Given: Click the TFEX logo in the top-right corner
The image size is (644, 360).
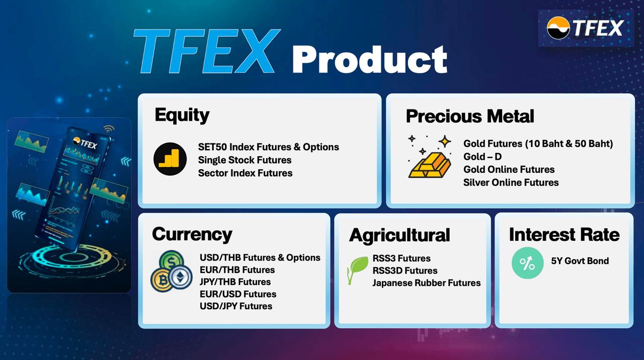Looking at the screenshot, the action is [585, 28].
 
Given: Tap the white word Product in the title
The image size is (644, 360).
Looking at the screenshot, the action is [370, 60].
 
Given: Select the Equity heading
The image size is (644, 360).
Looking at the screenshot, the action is [182, 116].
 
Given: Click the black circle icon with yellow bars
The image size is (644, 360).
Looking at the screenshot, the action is [170, 159].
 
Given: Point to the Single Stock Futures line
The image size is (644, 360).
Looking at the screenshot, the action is [245, 160].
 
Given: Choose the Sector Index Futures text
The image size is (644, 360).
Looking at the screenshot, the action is [245, 173].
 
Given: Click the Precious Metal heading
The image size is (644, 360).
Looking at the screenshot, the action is [470, 116].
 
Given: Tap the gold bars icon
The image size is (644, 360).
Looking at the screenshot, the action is [430, 165].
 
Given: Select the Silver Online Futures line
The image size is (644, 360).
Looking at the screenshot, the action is [511, 183].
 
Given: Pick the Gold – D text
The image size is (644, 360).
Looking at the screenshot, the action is [482, 156].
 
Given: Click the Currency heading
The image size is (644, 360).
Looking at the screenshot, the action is [192, 234].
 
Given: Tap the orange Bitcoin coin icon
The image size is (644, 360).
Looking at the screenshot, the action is [162, 280].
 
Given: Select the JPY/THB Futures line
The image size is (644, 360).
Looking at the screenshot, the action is [235, 282].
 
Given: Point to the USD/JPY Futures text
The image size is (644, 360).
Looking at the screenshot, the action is [236, 306].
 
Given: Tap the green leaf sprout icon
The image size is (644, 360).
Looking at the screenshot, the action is [358, 270].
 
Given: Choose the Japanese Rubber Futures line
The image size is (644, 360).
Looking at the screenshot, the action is [427, 283].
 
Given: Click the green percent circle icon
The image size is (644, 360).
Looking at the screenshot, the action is [528, 263].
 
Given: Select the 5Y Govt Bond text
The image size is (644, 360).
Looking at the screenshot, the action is [580, 261].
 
